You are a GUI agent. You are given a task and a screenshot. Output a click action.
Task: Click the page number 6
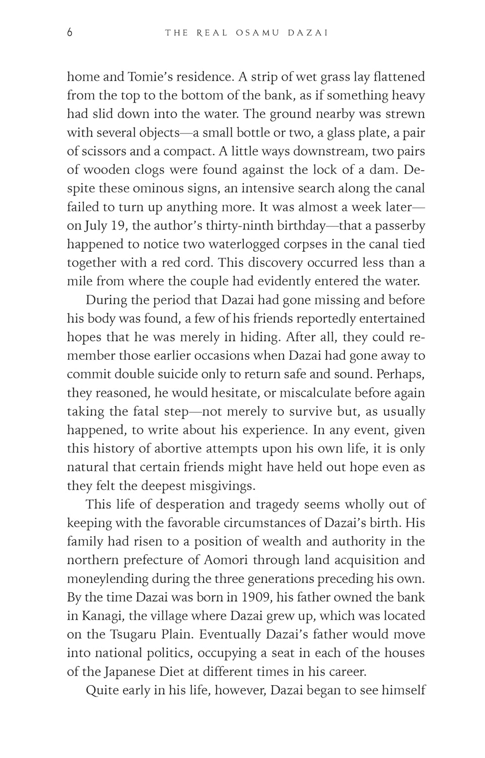point(70,33)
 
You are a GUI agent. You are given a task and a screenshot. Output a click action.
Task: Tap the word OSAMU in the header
point(253,33)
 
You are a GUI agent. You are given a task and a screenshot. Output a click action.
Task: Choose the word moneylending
point(108,579)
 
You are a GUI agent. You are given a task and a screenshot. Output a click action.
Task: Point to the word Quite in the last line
point(103,690)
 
